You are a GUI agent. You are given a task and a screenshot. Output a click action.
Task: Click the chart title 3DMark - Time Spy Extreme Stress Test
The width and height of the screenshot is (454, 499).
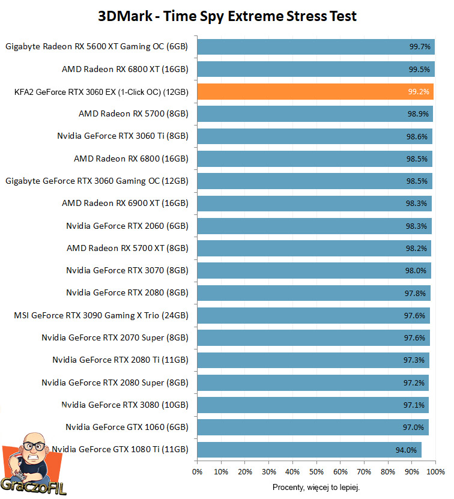coord(227,16)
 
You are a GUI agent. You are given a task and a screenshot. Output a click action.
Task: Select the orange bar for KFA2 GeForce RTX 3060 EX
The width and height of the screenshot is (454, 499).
coord(315,92)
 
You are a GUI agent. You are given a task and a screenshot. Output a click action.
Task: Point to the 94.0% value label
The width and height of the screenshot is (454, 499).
coord(406,450)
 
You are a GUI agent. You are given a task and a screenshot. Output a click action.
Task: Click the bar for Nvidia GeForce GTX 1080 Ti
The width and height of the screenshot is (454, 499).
coord(309,450)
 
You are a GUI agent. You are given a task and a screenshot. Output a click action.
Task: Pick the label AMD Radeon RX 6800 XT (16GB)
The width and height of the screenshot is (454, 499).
coord(125,69)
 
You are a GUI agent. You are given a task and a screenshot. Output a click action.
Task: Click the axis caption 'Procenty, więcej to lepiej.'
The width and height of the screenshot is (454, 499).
coord(316,487)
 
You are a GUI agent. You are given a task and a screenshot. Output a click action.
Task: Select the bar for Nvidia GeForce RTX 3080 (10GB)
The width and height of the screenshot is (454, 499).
coord(312,405)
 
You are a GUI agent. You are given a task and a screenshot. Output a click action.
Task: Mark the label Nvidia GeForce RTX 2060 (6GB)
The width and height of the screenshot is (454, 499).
coord(127,226)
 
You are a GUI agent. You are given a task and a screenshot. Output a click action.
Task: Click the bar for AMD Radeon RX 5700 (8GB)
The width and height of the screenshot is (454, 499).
coord(314,114)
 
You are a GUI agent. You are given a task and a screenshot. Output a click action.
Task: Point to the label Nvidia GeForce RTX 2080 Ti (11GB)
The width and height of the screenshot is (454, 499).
coord(120,360)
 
